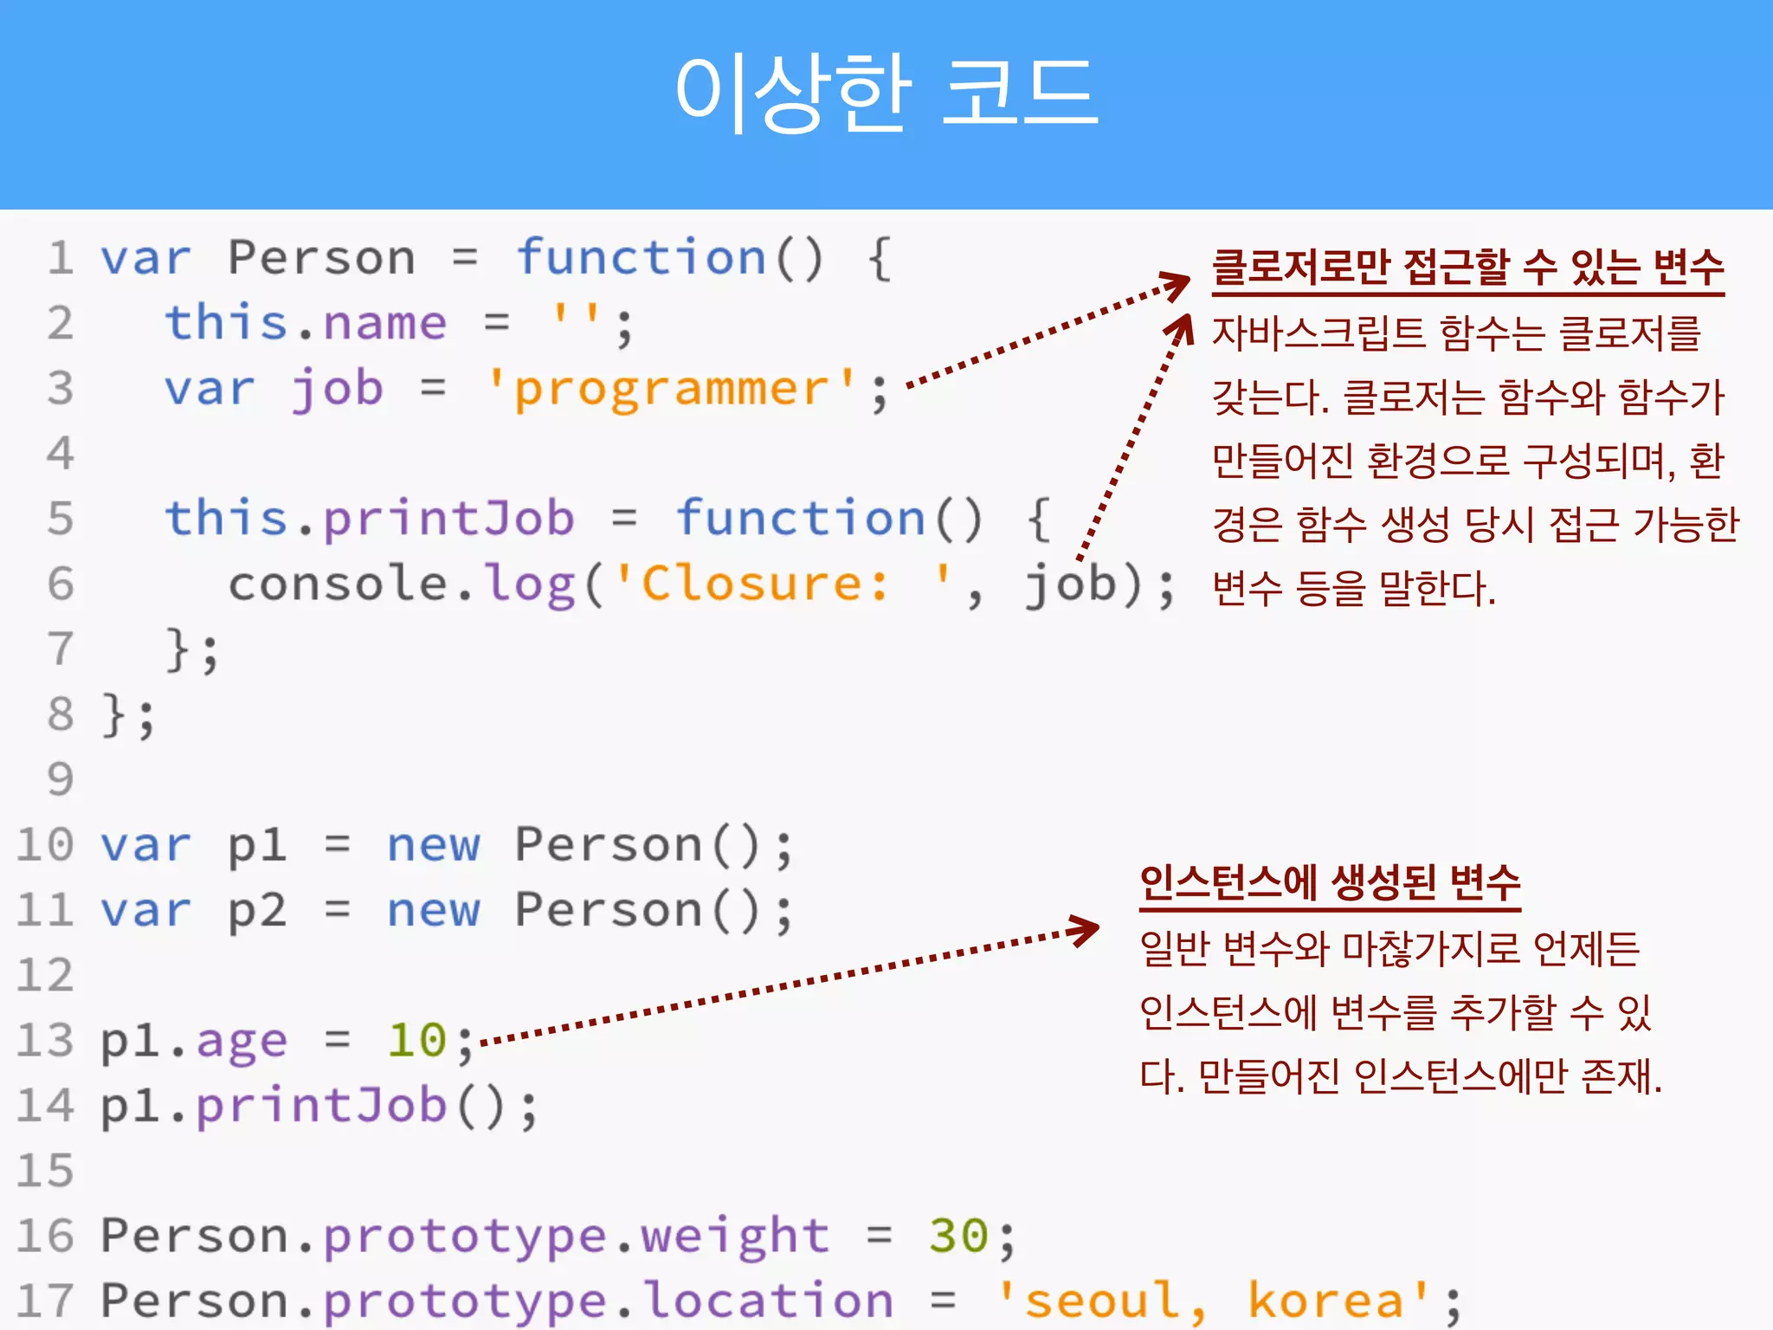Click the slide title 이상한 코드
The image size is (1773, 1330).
click(x=886, y=92)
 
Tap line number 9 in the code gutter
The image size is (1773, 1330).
click(x=61, y=778)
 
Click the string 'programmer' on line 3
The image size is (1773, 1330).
click(x=672, y=388)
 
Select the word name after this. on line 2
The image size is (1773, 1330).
click(x=385, y=323)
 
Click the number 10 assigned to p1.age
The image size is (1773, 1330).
click(x=416, y=1040)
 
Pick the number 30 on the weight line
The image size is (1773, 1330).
click(x=958, y=1235)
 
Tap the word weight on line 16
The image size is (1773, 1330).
click(x=735, y=1235)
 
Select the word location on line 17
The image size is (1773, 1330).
click(x=769, y=1301)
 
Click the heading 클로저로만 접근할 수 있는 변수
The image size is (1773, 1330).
click(x=1467, y=268)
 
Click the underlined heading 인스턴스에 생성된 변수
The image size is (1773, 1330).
click(x=1330, y=884)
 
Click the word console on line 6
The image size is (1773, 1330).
click(x=338, y=583)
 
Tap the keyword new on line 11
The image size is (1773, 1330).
click(x=433, y=910)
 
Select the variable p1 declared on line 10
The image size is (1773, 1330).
click(x=257, y=845)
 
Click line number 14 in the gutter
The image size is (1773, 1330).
click(x=45, y=1106)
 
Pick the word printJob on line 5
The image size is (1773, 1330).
click(x=448, y=518)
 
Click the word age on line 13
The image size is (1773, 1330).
click(x=242, y=1041)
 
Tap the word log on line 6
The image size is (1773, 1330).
click(x=529, y=583)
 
